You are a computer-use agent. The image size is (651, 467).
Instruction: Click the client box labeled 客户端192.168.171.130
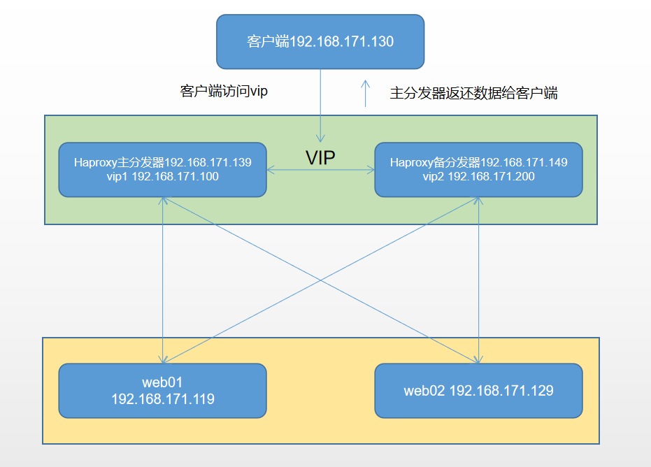coord(320,42)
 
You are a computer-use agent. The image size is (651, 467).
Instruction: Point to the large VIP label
coord(320,158)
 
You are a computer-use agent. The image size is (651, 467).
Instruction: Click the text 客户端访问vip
coord(224,92)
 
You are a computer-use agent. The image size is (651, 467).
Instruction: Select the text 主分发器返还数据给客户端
coord(473,94)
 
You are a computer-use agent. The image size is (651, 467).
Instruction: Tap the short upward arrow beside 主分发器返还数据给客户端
coord(364,93)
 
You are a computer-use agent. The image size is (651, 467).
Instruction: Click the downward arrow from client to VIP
coord(320,105)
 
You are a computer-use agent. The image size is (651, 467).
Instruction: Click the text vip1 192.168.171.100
coord(162,177)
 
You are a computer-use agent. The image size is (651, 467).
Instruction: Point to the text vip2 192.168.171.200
coord(478,177)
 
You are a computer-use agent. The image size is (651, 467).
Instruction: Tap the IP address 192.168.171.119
coord(162,400)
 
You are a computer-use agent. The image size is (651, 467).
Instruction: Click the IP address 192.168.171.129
coord(501,391)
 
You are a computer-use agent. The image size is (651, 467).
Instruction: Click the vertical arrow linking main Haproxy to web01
coord(162,280)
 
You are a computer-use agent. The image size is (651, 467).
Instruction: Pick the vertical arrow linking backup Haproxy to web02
coord(478,280)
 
